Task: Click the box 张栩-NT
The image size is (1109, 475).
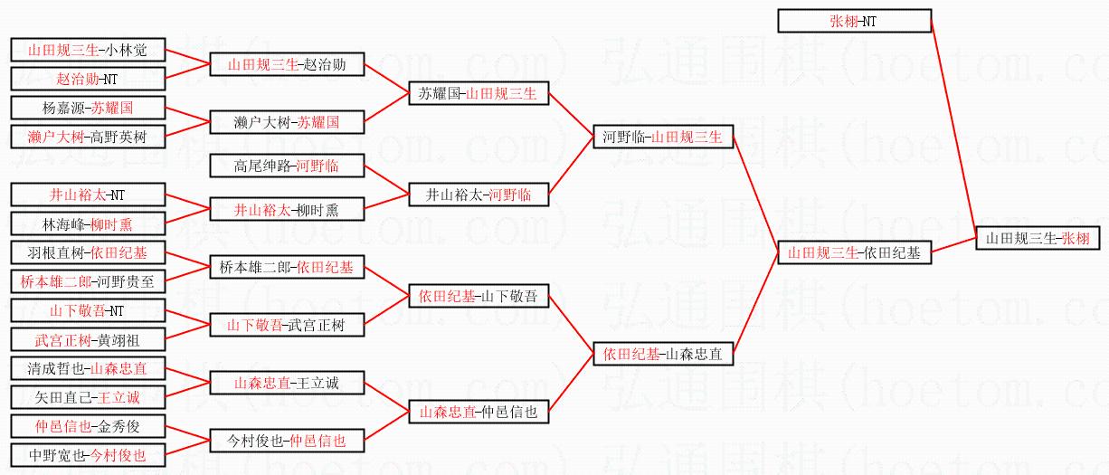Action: click(x=854, y=21)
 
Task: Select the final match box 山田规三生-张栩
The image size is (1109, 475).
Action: click(x=1038, y=239)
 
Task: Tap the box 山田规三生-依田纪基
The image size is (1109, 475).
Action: click(x=854, y=253)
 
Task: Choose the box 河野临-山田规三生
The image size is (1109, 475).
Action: click(x=662, y=138)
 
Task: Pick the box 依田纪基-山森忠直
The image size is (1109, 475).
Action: click(x=662, y=355)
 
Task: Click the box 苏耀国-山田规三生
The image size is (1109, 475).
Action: click(x=478, y=93)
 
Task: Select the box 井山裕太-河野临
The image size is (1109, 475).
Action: click(x=478, y=195)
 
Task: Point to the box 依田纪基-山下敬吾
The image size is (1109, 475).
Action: click(x=478, y=296)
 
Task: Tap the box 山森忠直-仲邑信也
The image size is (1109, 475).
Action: click(x=478, y=412)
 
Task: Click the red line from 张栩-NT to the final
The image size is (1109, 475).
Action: click(x=953, y=127)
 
